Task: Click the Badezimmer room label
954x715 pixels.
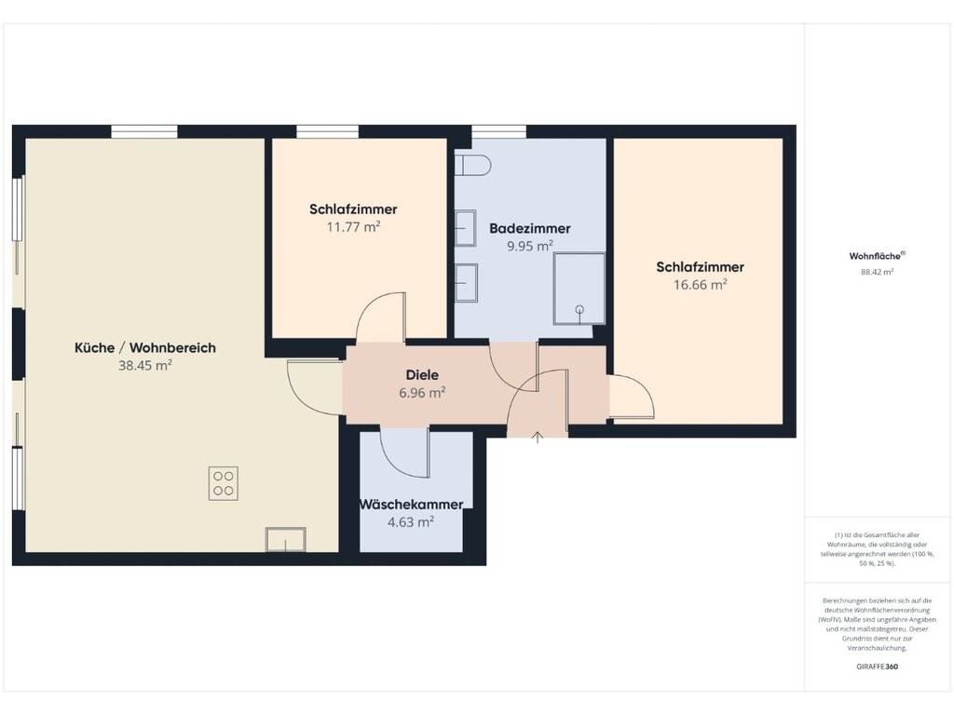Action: tap(530, 229)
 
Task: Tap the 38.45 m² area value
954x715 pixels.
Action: tap(144, 365)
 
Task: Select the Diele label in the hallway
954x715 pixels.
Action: tap(422, 375)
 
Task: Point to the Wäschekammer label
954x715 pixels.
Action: tap(411, 505)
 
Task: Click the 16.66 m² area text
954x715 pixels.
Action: tap(701, 285)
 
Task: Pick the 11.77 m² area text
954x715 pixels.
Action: tap(353, 227)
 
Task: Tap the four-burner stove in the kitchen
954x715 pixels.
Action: tap(224, 483)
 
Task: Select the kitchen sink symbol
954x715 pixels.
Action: tap(285, 540)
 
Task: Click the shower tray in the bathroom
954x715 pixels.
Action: tap(579, 289)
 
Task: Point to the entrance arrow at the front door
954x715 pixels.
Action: tap(538, 438)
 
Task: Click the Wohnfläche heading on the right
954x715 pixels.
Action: tap(877, 256)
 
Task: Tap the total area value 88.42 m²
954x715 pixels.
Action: tap(877, 273)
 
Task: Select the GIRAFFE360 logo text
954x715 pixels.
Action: tap(877, 667)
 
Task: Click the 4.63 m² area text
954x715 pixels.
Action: tap(411, 522)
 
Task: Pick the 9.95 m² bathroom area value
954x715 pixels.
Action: tap(530, 246)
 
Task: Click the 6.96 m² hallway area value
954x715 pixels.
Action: tap(422, 393)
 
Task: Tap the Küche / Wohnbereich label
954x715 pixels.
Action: tap(144, 348)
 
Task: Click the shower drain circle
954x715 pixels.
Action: tap(579, 309)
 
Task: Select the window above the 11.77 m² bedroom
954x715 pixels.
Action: tap(327, 131)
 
